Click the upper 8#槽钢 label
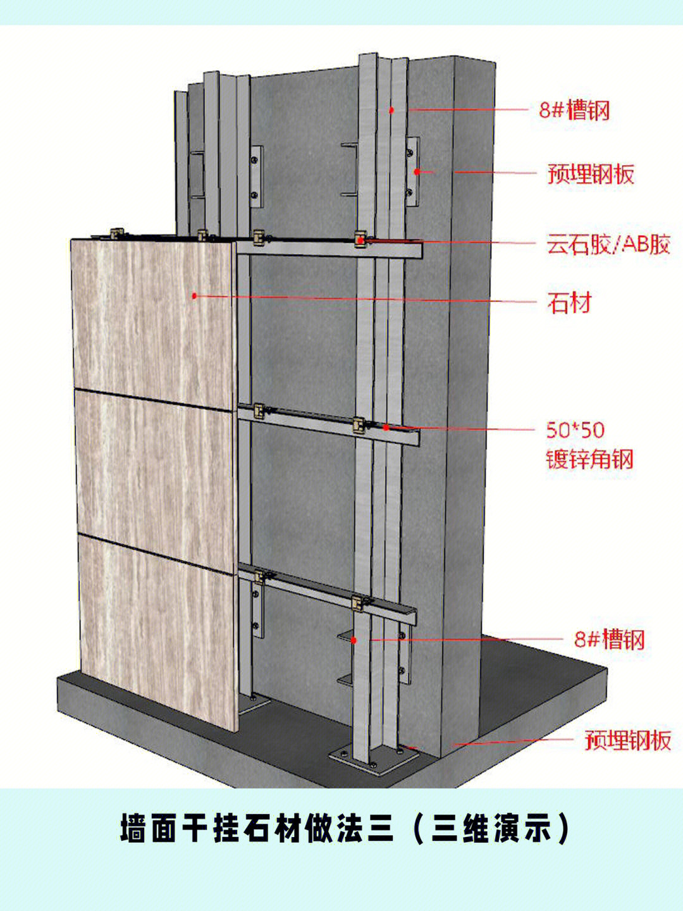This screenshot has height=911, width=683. coord(574,110)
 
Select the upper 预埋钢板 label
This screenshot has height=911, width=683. coord(590,174)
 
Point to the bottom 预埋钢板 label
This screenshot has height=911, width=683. coord(627,740)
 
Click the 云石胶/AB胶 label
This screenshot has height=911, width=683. coord(608,244)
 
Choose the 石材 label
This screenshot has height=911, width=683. coord(569,303)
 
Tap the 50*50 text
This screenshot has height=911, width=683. coord(575,430)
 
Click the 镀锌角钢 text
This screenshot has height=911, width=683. coord(589,459)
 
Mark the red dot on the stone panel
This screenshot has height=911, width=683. coord(195,295)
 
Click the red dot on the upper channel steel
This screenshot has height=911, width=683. coord(391,109)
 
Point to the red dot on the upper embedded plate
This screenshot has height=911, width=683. coord(417,171)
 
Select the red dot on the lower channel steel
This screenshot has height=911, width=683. coord(354,640)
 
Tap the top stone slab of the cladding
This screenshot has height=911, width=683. coord(152,316)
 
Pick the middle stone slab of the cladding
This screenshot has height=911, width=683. coord(155,468)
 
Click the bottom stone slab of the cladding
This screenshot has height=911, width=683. coord(158,626)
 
